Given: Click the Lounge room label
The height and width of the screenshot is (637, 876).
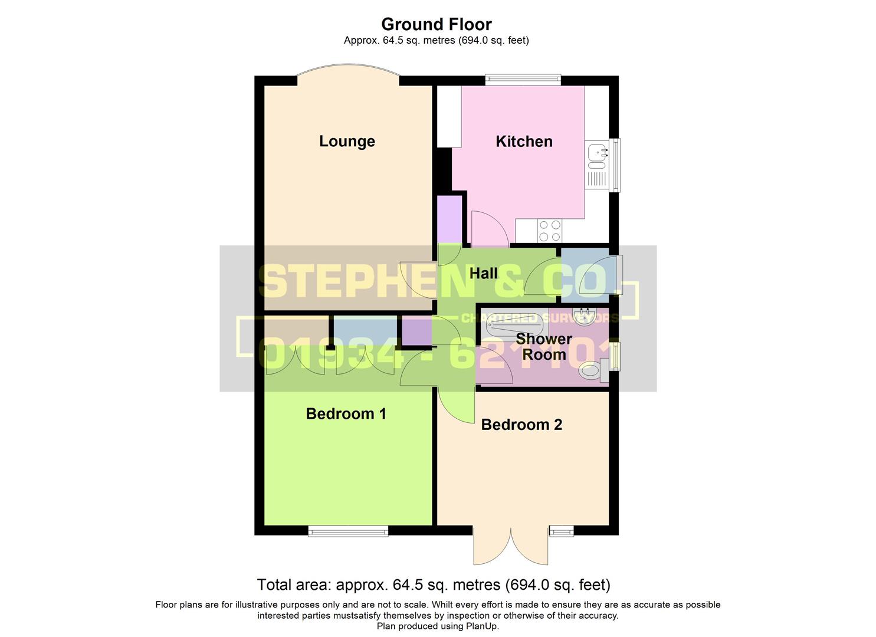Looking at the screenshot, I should [x=347, y=142].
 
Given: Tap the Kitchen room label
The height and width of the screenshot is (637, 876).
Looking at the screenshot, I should [x=524, y=142].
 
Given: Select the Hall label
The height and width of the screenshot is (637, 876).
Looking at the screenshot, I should [x=484, y=274].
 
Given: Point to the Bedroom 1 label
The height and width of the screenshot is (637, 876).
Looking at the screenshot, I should [x=346, y=414].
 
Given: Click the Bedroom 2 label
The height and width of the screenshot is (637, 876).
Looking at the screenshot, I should [x=521, y=425].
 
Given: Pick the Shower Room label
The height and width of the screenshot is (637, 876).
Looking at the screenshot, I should [x=544, y=347].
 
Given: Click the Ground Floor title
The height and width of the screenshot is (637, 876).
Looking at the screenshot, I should [x=437, y=24].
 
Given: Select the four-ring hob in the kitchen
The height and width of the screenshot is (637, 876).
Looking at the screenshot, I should [x=549, y=231].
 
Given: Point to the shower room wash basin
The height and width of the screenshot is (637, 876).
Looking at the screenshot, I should [x=586, y=317].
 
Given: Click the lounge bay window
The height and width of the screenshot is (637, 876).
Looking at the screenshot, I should [x=348, y=72].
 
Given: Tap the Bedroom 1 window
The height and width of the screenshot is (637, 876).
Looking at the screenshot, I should [x=348, y=531].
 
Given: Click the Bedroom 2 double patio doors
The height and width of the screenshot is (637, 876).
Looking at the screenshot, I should [x=511, y=546].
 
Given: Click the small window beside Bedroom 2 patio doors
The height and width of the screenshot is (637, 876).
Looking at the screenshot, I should [x=562, y=531].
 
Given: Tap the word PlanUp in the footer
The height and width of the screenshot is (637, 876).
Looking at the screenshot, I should [x=482, y=626].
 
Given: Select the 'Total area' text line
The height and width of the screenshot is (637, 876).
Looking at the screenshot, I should [x=434, y=585].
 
